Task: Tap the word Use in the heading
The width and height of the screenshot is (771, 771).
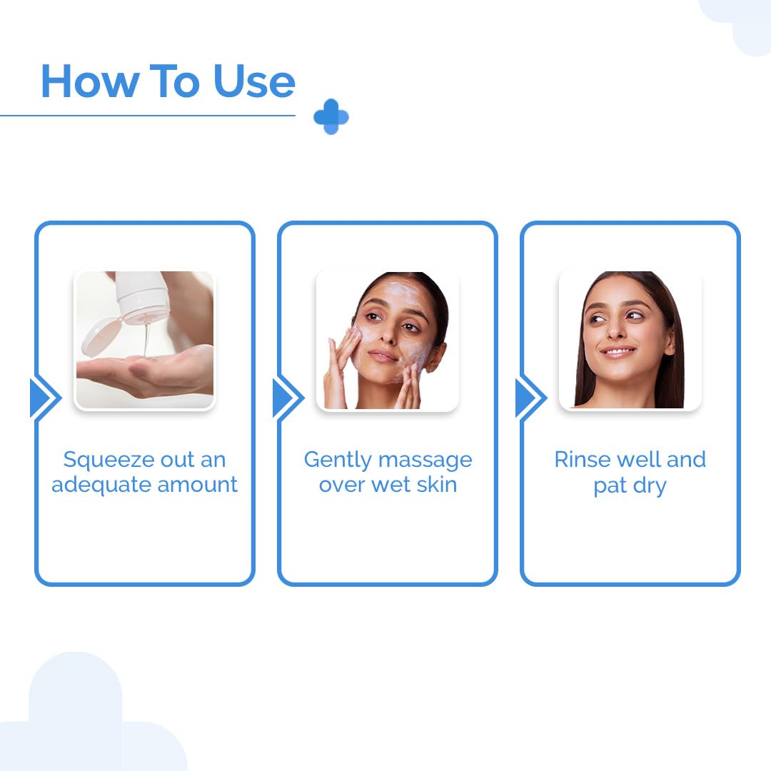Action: (x=254, y=81)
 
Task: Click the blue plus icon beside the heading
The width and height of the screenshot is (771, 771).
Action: (x=331, y=117)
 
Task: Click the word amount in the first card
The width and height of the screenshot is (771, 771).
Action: (x=198, y=485)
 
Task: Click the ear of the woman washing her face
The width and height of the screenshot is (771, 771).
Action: (x=435, y=351)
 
